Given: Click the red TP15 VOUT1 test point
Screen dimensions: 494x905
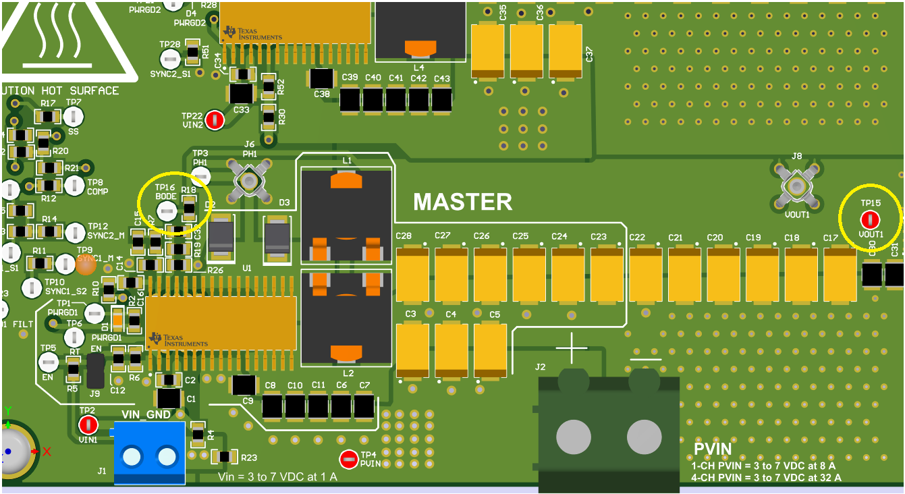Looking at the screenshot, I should [x=870, y=219].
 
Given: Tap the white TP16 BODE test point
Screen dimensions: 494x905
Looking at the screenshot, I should [x=167, y=212].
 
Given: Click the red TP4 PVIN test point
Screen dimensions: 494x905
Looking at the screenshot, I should [x=348, y=460].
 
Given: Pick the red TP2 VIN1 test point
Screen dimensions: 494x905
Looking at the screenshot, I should [x=88, y=424].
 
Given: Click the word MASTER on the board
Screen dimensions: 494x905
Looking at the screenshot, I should [x=462, y=202].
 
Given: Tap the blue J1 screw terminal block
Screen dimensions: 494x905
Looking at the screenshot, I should [x=149, y=454].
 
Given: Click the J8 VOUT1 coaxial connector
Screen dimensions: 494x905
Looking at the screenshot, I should [x=796, y=186].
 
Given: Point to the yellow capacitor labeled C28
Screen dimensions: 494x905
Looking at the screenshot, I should [x=412, y=274].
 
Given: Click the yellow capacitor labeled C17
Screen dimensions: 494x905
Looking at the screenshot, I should [x=840, y=274].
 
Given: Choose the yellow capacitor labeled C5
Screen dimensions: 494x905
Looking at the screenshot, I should [x=490, y=350].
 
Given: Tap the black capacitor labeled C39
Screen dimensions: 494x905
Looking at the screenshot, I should [x=350, y=101].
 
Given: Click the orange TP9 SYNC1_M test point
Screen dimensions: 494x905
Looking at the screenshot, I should [x=86, y=265].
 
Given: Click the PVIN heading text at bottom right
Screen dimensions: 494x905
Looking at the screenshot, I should [x=713, y=449].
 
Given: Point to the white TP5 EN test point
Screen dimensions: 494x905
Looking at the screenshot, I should [x=48, y=362].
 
